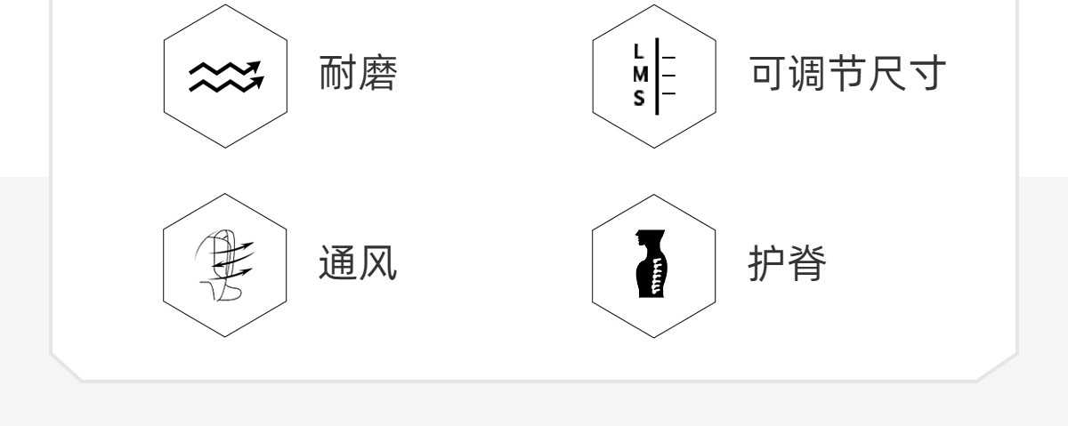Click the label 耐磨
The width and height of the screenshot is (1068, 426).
coord(357,76)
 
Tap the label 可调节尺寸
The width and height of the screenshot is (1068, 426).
coord(845,76)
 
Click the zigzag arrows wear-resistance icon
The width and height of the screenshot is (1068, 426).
coord(225,76)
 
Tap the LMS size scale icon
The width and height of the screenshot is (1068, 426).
coord(654,76)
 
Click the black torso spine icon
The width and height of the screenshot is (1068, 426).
coord(653,264)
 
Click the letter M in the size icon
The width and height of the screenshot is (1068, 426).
coord(639,76)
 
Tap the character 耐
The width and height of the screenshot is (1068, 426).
coord(337,76)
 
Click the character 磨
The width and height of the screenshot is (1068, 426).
coord(376,76)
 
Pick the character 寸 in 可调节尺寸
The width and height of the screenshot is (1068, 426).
coord(921,76)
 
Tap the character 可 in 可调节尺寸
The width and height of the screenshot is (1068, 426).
coord(768,76)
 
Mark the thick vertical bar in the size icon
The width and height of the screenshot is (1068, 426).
coord(658,76)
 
